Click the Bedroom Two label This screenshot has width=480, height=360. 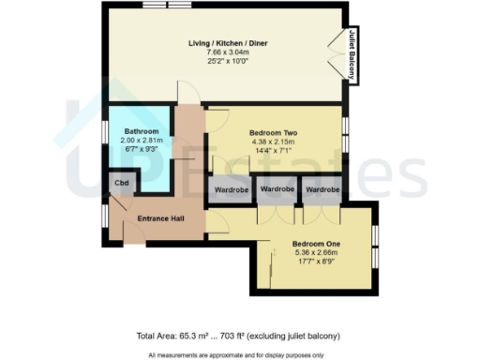pos(275,133)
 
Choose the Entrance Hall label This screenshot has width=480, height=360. pos(159,218)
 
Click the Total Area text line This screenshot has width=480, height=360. pos(238,336)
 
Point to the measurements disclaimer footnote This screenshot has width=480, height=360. pos(239,354)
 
